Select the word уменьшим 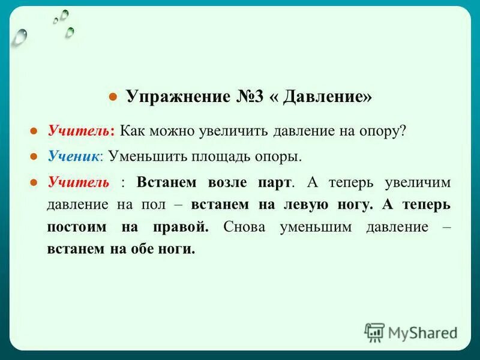(x=311, y=227)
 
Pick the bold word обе (x=140, y=250)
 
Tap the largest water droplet (x=20, y=37)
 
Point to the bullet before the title (x=112, y=98)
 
